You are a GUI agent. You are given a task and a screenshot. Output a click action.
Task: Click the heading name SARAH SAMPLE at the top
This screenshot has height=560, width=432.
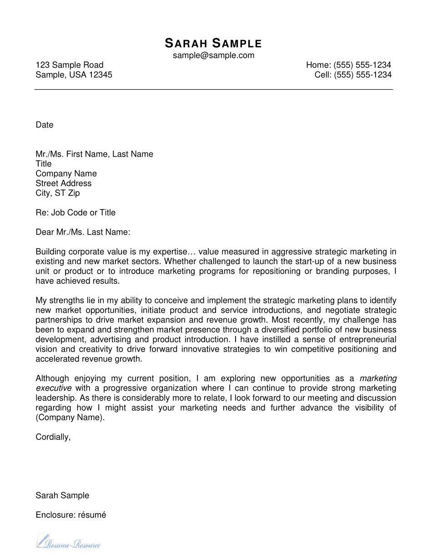point(213,44)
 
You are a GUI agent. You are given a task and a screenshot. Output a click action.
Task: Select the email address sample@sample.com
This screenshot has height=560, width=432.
point(213,56)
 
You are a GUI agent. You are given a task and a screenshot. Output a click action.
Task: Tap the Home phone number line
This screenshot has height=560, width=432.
point(348,65)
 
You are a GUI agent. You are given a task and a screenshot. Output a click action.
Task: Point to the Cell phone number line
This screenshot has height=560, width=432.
point(353,75)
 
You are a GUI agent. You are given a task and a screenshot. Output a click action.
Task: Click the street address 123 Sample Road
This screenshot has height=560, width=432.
point(70,65)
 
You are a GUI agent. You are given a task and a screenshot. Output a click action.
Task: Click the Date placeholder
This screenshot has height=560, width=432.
point(45,125)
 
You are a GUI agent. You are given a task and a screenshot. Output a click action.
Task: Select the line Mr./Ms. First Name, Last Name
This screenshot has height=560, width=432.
point(94,154)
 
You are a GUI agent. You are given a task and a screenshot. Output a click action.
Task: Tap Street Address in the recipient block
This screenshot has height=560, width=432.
point(64,183)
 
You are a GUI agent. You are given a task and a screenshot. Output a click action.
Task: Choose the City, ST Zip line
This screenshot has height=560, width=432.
point(58,193)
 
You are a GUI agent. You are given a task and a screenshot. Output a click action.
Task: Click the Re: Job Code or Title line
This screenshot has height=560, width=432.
point(75,213)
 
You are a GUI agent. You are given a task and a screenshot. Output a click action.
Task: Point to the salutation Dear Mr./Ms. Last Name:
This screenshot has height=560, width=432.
point(83,232)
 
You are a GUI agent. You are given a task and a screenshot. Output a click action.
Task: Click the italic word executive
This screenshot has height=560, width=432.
point(53,388)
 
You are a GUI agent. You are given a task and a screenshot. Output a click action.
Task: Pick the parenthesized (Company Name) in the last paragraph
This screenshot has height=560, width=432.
point(70,417)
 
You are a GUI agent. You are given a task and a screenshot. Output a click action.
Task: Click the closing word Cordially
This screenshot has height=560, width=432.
point(53,437)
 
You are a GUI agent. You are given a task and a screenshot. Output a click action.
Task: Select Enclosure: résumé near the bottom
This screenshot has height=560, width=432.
point(70,515)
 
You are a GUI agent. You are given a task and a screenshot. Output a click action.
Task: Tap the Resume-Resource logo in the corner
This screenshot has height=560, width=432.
point(68,542)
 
